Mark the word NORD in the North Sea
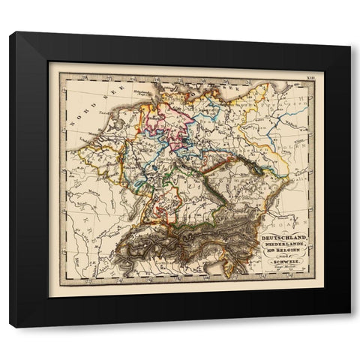coord(82,106)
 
